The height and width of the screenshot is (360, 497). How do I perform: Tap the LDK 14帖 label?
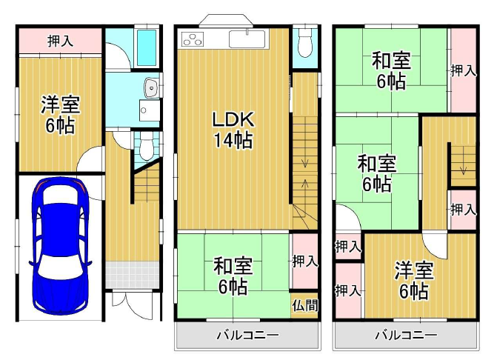click(x=233, y=130)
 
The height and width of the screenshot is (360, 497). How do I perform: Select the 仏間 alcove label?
click(x=305, y=305)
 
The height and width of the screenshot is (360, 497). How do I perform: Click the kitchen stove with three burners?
click(x=193, y=40)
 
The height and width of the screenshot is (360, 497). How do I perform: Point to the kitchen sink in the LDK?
click(x=247, y=39)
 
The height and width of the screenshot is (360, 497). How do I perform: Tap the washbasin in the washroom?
click(x=152, y=87)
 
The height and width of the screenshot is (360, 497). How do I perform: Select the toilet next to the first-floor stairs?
click(x=146, y=147)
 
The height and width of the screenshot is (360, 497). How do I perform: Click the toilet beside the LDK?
click(x=305, y=43)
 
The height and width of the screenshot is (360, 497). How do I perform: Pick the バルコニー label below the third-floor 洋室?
click(x=406, y=335)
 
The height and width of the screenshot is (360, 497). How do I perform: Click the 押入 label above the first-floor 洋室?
click(x=60, y=41)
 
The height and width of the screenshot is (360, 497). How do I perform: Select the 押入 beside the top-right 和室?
click(x=464, y=70)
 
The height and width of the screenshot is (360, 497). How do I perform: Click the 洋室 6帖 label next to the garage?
click(x=60, y=115)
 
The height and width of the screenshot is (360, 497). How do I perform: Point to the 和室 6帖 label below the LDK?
click(x=233, y=276)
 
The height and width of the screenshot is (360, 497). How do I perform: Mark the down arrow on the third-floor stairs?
click(x=463, y=169)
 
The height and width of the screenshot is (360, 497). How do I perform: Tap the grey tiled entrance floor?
click(x=132, y=274)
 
